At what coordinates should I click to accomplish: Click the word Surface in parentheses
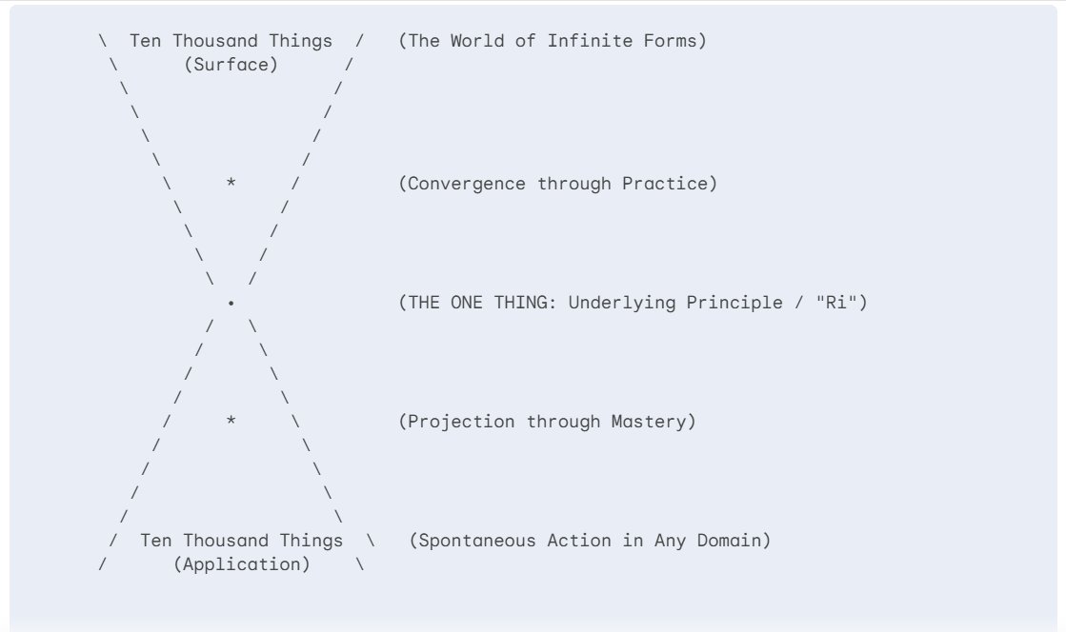point(231,65)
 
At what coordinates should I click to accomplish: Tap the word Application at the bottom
point(241,564)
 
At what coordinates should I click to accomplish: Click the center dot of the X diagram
point(231,303)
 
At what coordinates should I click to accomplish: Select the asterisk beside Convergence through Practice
point(231,182)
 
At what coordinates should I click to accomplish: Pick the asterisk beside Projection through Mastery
point(231,420)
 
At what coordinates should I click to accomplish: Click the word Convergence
point(467,184)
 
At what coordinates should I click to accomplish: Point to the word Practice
point(665,184)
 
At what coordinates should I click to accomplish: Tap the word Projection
point(461,422)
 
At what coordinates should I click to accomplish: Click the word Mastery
point(649,422)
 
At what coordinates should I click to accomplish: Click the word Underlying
point(622,303)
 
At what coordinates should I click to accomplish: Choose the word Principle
point(734,303)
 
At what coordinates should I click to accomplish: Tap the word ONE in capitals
point(467,303)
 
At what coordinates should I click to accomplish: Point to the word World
point(477,41)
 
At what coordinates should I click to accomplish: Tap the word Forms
point(671,41)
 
